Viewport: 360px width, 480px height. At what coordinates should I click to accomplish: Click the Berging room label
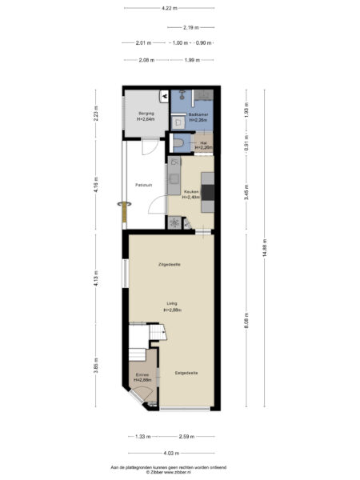click(x=145, y=113)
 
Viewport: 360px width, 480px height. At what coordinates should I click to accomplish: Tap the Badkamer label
click(x=198, y=116)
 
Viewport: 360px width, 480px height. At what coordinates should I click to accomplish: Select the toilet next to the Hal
click(x=181, y=143)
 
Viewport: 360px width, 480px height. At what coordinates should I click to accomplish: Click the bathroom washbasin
click(x=178, y=122)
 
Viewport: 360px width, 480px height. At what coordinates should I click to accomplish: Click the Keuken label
click(x=191, y=192)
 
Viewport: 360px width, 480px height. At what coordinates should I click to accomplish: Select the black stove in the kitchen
click(x=208, y=192)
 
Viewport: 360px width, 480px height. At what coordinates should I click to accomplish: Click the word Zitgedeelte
click(x=169, y=263)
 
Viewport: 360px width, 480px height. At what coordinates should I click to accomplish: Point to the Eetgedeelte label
click(x=186, y=373)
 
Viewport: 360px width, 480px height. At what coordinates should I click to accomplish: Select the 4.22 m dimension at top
click(x=168, y=9)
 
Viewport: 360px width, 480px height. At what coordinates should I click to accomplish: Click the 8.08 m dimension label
click(x=247, y=320)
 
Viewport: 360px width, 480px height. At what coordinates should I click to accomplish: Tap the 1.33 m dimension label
click(x=142, y=437)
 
